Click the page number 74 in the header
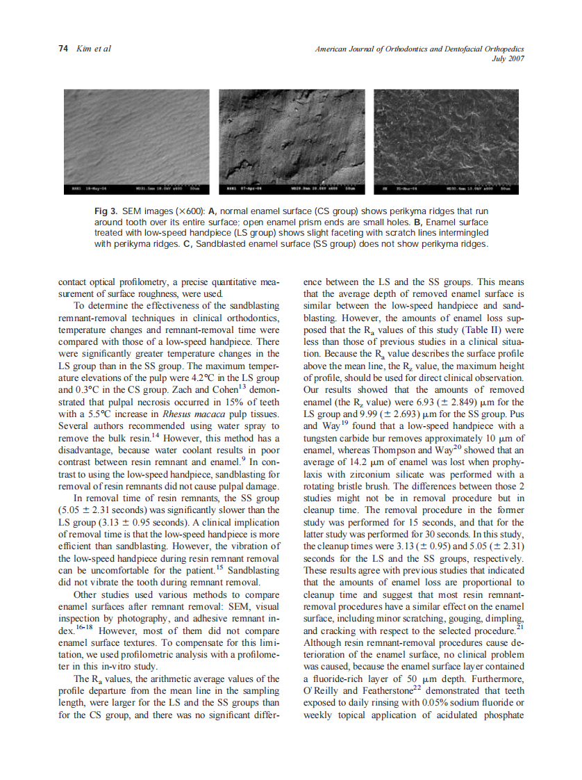(63, 49)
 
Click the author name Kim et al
(92, 49)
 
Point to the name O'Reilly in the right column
(322, 692)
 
